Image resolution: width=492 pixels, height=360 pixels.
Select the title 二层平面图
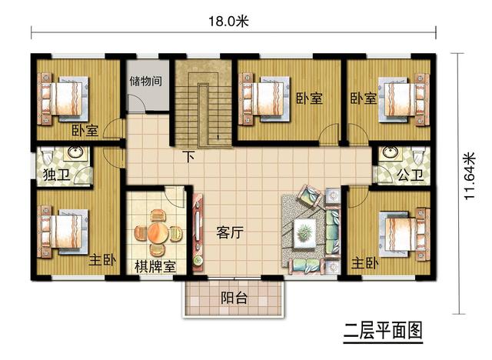(383, 332)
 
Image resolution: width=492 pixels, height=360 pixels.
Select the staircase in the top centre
(202, 108)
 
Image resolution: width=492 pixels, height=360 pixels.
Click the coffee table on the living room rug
(304, 230)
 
